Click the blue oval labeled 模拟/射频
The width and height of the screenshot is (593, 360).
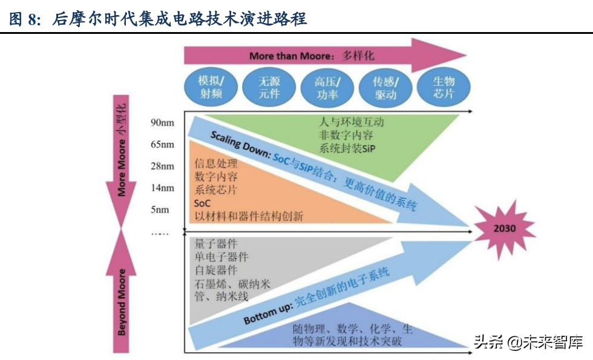[212, 87]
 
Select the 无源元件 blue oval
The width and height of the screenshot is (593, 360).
[269, 87]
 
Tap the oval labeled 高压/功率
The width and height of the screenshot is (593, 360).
[327, 87]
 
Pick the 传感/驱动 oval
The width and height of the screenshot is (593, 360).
[385, 87]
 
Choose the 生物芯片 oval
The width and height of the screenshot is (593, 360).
[444, 87]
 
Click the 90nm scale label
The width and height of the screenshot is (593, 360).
[163, 123]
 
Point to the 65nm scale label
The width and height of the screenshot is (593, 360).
[163, 144]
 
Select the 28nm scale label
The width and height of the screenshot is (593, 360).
[163, 166]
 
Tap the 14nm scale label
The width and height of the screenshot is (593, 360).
[163, 188]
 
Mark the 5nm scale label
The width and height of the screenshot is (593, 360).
[160, 209]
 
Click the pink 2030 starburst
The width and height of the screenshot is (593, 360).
[505, 229]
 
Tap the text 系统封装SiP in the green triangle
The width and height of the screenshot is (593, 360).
[347, 148]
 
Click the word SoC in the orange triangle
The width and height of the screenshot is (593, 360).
[203, 203]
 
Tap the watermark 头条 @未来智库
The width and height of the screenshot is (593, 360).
[528, 342]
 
